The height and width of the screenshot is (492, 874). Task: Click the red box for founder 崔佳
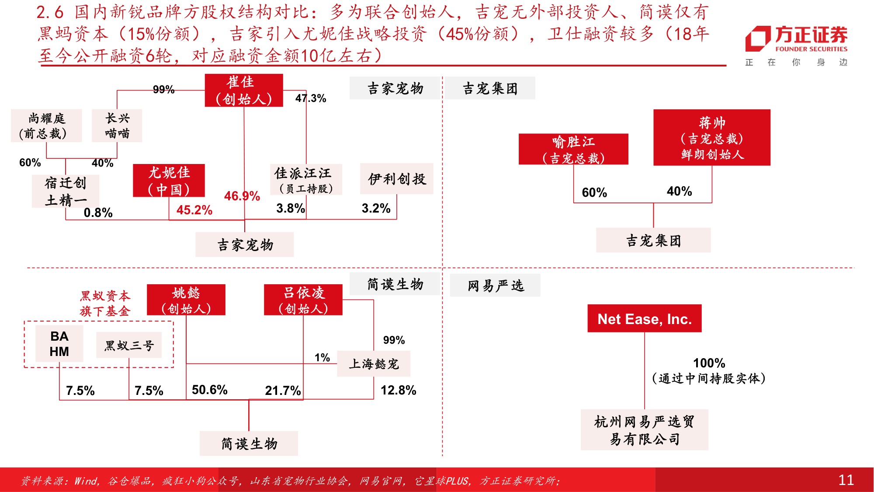pyautogui.click(x=244, y=90)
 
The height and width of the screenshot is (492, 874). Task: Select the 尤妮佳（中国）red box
pyautogui.click(x=169, y=181)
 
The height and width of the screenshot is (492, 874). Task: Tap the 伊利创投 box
pyautogui.click(x=396, y=178)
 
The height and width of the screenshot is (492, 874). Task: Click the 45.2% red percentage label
pyautogui.click(x=194, y=210)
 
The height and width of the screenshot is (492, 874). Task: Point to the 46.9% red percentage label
pyautogui.click(x=242, y=196)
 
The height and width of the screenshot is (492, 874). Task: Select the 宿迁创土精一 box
pyautogui.click(x=66, y=191)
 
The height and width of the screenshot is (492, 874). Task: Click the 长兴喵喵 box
pyautogui.click(x=117, y=126)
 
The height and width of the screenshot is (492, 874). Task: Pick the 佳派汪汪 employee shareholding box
pyautogui.click(x=305, y=180)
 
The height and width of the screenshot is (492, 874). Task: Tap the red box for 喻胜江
pyautogui.click(x=573, y=149)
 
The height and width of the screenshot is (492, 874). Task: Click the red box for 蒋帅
pyautogui.click(x=711, y=137)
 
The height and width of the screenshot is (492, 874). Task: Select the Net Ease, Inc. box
pyautogui.click(x=644, y=319)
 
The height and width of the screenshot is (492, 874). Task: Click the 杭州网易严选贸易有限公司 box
pyautogui.click(x=644, y=429)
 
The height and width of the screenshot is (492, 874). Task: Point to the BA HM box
pyautogui.click(x=59, y=344)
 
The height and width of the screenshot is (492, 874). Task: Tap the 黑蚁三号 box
pyautogui.click(x=129, y=345)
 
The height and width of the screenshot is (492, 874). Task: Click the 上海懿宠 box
pyautogui.click(x=374, y=364)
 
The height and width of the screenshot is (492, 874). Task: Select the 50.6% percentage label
pyautogui.click(x=209, y=390)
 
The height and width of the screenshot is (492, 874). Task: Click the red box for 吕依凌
pyautogui.click(x=303, y=300)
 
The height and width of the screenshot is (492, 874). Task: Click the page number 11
pyautogui.click(x=846, y=480)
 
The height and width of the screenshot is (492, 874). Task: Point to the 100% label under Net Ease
pyautogui.click(x=709, y=363)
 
